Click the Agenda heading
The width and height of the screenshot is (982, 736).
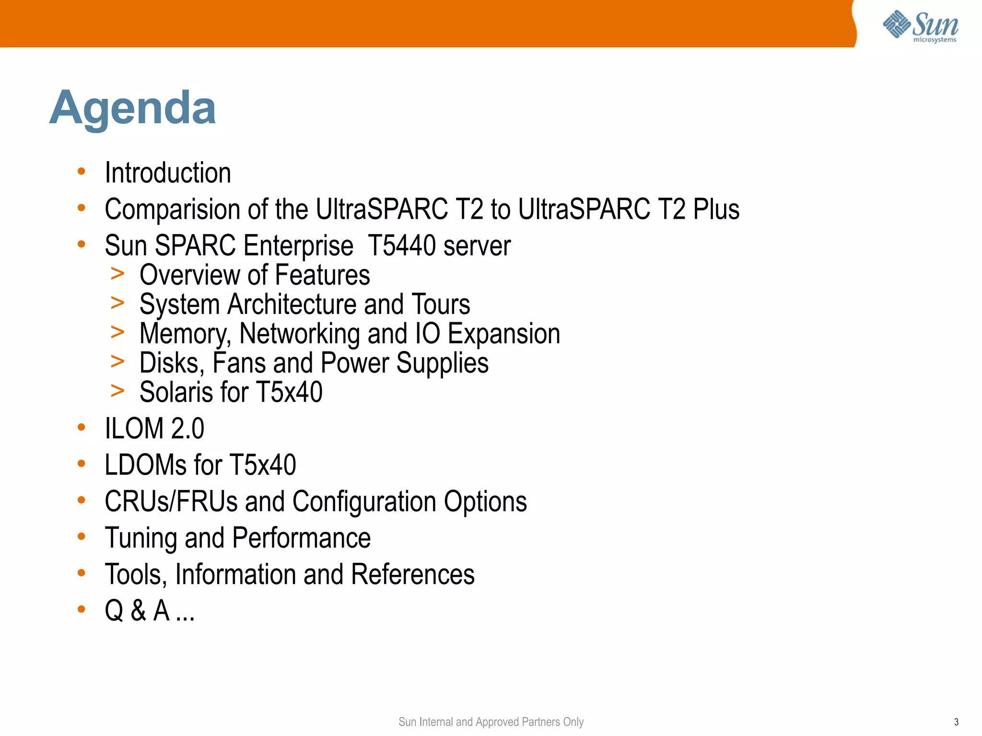[133, 108]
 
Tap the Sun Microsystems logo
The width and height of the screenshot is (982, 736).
[920, 26]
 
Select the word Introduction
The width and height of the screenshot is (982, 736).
[168, 173]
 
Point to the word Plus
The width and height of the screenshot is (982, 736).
[716, 210]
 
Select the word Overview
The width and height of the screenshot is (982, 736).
[189, 275]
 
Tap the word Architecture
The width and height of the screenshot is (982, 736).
[292, 305]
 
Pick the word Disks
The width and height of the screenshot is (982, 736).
[169, 363]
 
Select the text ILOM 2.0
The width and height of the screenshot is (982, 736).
[154, 429]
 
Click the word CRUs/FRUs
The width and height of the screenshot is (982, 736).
[171, 502]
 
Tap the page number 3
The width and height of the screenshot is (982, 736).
[956, 722]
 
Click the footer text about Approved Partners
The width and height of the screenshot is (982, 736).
[491, 722]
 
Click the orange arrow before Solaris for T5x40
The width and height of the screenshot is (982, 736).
[117, 391]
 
